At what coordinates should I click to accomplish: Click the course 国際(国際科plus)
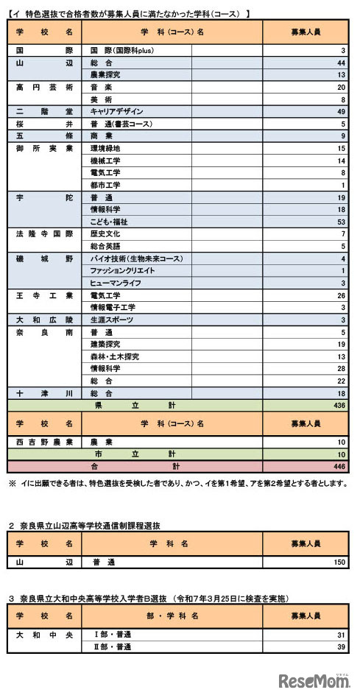tap(121, 50)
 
